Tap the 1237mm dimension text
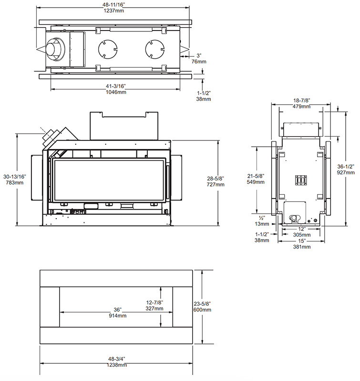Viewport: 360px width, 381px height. pyautogui.click(x=114, y=11)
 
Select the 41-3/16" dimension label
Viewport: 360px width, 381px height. pyautogui.click(x=114, y=86)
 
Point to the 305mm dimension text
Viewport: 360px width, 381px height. pyautogui.click(x=301, y=235)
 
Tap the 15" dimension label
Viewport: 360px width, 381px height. pyautogui.click(x=301, y=241)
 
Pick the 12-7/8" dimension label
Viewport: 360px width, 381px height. pyautogui.click(x=154, y=302)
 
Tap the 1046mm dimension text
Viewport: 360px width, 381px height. pyautogui.click(x=114, y=92)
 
